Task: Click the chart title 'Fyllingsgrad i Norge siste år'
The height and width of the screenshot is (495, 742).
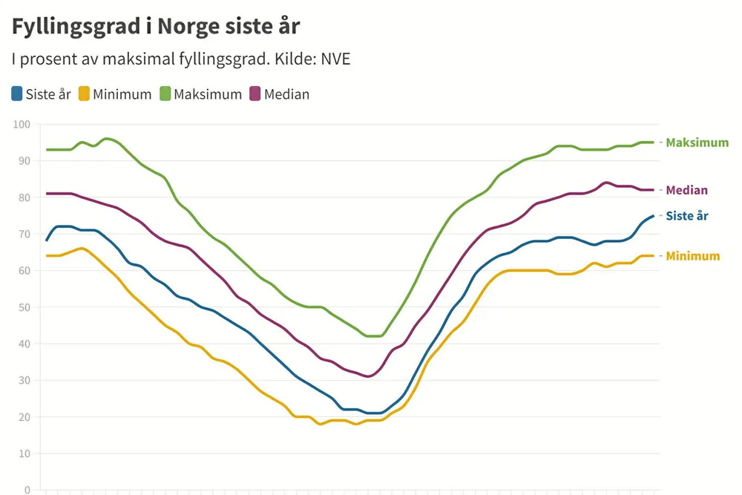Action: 156,26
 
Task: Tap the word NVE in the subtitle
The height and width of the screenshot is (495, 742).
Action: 335,59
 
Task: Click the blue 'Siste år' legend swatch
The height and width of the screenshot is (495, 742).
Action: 17,94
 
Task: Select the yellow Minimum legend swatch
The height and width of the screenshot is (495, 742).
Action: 85,94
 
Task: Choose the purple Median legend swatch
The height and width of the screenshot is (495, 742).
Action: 255,94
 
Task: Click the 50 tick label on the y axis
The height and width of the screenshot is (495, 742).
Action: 24,307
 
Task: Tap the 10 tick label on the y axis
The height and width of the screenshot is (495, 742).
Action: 24,453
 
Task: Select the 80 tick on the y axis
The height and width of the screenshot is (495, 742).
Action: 24,197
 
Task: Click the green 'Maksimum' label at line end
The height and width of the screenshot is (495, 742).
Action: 697,142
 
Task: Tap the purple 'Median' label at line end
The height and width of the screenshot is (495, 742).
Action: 686,191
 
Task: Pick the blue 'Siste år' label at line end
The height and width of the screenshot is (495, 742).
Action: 687,216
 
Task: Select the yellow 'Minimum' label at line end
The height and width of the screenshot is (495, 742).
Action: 692,256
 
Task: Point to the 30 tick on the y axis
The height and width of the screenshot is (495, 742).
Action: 24,381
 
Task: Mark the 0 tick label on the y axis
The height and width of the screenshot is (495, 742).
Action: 27,490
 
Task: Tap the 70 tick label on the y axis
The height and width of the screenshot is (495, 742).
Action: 24,235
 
